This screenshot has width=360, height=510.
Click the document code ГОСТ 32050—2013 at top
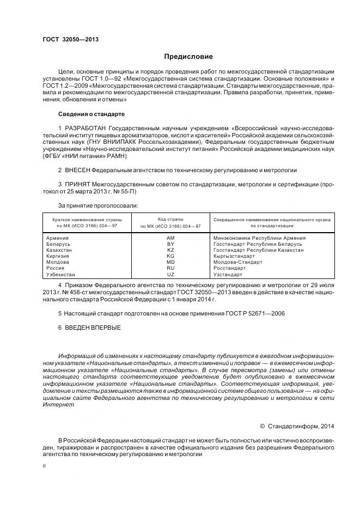coord(70,39)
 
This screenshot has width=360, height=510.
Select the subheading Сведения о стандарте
coord(91,114)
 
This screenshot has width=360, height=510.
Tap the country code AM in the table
coord(170,238)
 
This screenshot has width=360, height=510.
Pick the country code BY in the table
coord(170,244)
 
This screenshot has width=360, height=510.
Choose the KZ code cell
coord(170,250)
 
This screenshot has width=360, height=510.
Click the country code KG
coord(170,256)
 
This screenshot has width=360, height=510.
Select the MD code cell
coord(170,262)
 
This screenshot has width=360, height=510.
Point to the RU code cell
coord(170,268)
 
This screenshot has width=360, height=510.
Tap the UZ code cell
coord(170,275)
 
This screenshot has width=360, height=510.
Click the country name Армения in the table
coord(58,238)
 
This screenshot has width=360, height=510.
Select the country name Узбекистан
coord(61,275)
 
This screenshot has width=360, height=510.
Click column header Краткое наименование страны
coord(87,218)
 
